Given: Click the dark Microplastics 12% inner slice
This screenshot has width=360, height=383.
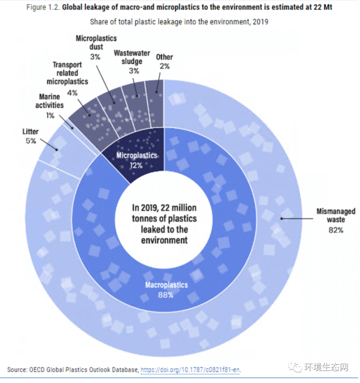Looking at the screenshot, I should click(140, 157).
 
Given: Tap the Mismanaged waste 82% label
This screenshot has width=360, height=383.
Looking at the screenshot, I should click(335, 220).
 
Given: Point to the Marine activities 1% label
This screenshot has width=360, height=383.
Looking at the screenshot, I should click(49, 105).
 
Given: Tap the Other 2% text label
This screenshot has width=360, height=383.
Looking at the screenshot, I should click(164, 61).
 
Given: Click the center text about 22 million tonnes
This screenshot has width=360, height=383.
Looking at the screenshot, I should click(164, 224).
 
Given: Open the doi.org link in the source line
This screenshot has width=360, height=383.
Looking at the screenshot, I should click(190, 370).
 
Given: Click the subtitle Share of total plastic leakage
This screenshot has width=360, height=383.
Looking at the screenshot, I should click(179, 22).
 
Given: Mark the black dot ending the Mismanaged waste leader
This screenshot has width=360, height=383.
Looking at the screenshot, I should click(282, 219).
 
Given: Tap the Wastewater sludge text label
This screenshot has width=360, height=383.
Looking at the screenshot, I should click(132, 57).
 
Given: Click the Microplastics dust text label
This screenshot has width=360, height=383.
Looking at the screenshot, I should click(96, 42).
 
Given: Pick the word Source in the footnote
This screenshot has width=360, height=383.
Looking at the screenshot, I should click(17, 370).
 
